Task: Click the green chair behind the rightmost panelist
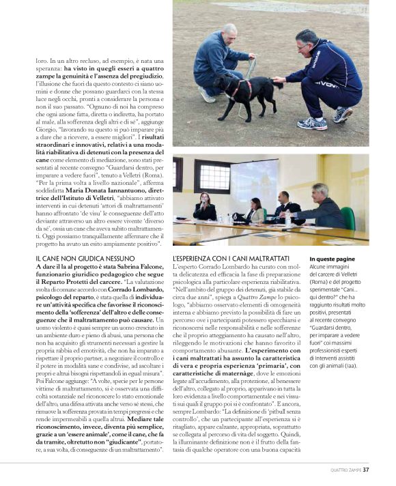click(348, 217)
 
